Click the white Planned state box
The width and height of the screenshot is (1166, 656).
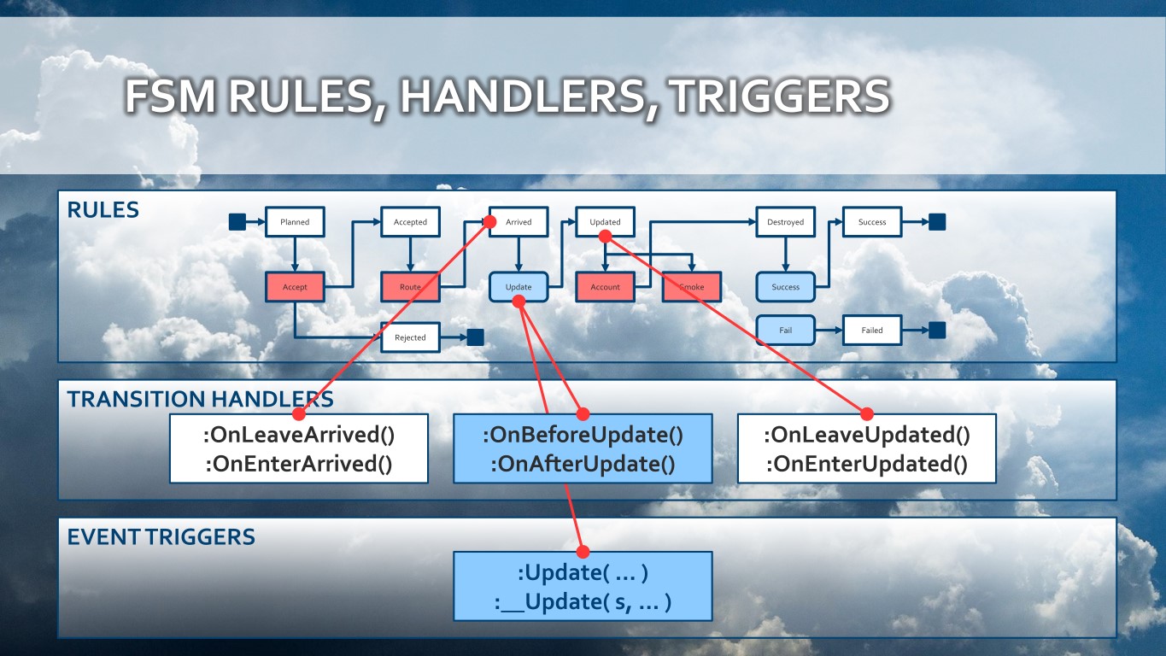pos(295,222)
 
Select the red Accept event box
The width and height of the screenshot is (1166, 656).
pos(295,287)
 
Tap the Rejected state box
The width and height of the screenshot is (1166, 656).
pos(410,337)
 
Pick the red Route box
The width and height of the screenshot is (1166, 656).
pos(410,287)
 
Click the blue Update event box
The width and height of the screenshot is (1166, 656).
pos(519,287)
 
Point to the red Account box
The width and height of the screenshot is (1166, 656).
pos(605,287)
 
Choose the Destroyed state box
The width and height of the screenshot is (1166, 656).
pos(785,222)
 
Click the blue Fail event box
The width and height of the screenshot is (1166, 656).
pos(785,330)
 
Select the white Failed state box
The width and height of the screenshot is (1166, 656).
pos(872,330)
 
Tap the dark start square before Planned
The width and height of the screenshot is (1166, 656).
pos(237,222)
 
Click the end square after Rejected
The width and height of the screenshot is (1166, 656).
pos(475,337)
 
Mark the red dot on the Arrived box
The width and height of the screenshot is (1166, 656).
pos(491,221)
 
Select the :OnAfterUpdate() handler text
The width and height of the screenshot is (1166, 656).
pos(583,465)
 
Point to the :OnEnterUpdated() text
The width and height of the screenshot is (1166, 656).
pos(866,465)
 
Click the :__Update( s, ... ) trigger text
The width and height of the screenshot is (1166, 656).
pos(583,602)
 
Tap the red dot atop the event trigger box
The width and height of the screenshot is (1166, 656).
pos(583,552)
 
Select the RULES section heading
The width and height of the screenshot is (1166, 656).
pos(103,210)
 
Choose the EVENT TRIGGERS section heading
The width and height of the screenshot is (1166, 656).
pos(161,537)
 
